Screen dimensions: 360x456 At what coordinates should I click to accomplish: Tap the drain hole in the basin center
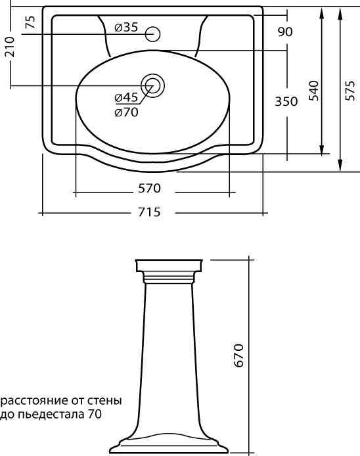(152, 85)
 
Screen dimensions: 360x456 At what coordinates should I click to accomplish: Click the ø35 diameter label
(126, 28)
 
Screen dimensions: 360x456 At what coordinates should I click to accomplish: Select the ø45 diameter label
(126, 97)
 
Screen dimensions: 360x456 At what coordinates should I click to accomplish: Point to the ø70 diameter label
(126, 112)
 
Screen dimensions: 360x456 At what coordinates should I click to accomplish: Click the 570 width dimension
(149, 189)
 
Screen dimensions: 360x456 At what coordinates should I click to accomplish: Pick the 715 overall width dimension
(149, 212)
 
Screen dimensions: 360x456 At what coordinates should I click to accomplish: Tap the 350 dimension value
(286, 101)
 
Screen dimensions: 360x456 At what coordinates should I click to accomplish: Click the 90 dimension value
(285, 32)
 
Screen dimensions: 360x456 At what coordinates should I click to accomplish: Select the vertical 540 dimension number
(314, 91)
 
